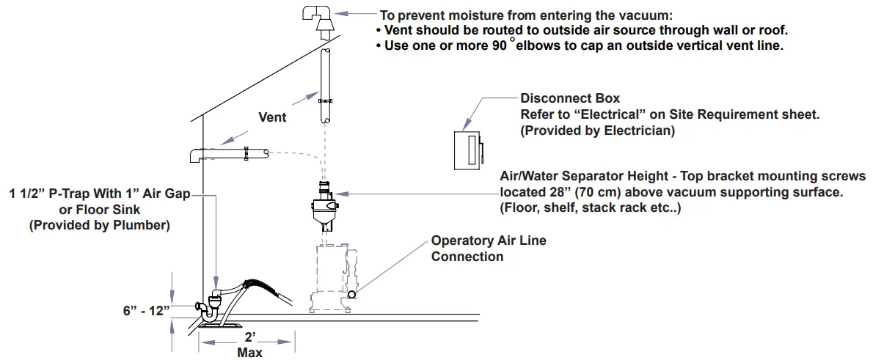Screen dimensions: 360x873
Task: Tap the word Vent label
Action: [x=272, y=117]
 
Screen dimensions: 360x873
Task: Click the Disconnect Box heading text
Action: [x=570, y=98]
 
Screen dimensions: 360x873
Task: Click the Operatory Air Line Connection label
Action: [x=488, y=249]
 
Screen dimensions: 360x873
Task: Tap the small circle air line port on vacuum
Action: [x=352, y=294]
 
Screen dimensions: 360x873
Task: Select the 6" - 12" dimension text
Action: [x=146, y=310]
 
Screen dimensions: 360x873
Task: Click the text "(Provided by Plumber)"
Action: [x=99, y=226]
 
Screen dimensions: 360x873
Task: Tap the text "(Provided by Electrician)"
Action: [x=597, y=131]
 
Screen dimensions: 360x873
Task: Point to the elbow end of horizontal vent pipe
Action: [x=197, y=155]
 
